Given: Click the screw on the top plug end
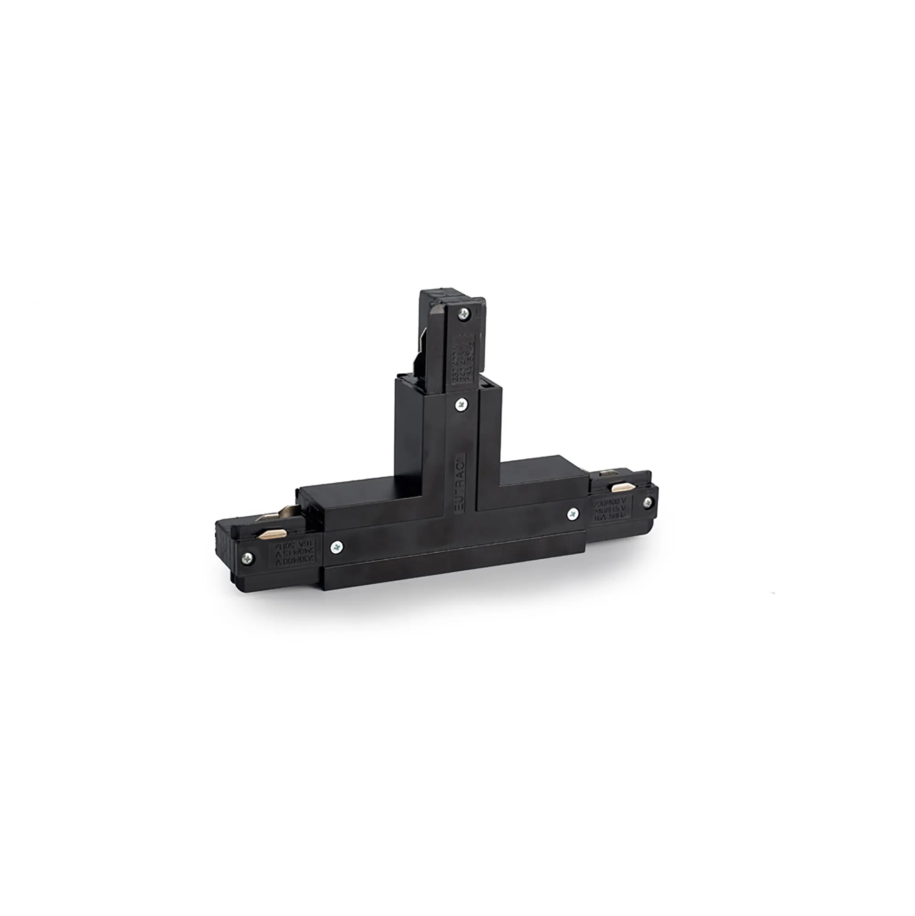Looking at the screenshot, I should click(464, 313).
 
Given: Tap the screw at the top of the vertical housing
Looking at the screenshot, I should click(461, 404).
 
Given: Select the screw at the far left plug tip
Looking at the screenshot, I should click(247, 558).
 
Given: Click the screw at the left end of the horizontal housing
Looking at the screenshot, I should click(337, 547).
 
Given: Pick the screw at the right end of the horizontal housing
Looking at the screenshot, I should click(573, 513).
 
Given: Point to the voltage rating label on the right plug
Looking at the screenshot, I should click(611, 508).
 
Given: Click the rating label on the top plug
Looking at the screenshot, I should click(465, 351).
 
